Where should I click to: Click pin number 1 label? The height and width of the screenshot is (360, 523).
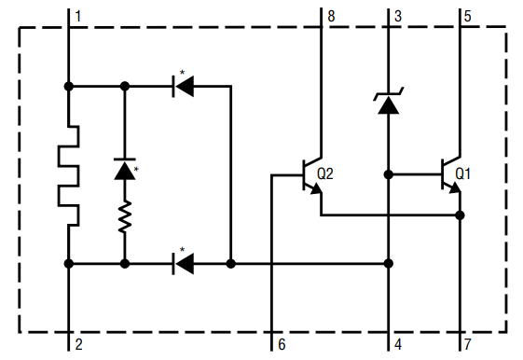coord(78,17)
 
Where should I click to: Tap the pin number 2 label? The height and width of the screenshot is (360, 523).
coord(78,344)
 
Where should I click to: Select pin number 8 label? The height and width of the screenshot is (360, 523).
coord(331,16)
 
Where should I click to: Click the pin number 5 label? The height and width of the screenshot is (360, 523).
coord(469,16)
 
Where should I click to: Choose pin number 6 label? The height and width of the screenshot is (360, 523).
coord(281,344)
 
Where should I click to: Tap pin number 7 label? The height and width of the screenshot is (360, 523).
coord(469,344)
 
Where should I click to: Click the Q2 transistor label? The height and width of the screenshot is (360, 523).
coord(325,173)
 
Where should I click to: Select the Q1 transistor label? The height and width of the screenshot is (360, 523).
coord(463,173)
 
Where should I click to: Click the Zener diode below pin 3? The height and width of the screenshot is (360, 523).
coord(388,103)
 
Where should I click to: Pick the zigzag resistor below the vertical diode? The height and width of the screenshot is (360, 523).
coord(124,220)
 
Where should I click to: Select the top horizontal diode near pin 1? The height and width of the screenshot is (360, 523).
coord(184,86)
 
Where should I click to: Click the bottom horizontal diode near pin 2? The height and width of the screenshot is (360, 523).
coord(184,264)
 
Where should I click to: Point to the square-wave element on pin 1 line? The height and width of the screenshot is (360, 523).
coord(68,173)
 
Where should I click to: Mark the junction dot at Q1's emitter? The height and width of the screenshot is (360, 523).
coord(460,215)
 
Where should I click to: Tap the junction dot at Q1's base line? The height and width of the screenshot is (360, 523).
coord(388,173)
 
